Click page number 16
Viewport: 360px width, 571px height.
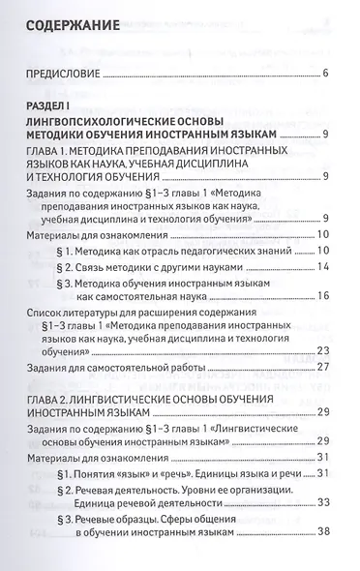(x=324, y=295)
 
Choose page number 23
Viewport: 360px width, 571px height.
(x=324, y=350)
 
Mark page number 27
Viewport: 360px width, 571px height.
(x=324, y=368)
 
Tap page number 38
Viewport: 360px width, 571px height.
(x=324, y=530)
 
